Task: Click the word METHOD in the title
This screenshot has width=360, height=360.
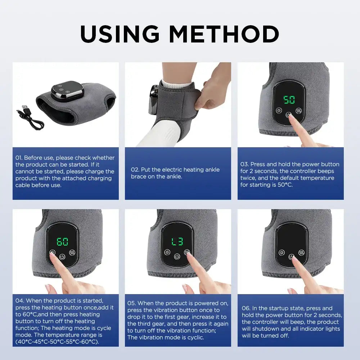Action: (224, 34)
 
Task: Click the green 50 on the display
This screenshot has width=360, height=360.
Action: (289, 99)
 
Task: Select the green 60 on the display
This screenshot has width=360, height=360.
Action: (63, 241)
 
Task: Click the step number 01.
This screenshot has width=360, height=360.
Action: (19, 158)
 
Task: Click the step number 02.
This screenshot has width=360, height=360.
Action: (135, 170)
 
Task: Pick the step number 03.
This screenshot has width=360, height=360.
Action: (244, 164)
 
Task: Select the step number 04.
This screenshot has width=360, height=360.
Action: (19, 301)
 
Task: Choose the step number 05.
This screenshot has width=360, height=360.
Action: (131, 303)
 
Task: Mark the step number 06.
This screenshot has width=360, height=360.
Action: (246, 308)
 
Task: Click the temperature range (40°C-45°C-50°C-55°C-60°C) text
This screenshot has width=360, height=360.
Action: (57, 342)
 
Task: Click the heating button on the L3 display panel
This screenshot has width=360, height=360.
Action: (167, 252)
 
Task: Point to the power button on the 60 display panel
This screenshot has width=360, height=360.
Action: (62, 257)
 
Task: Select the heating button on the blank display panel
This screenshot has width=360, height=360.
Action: (282, 252)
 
